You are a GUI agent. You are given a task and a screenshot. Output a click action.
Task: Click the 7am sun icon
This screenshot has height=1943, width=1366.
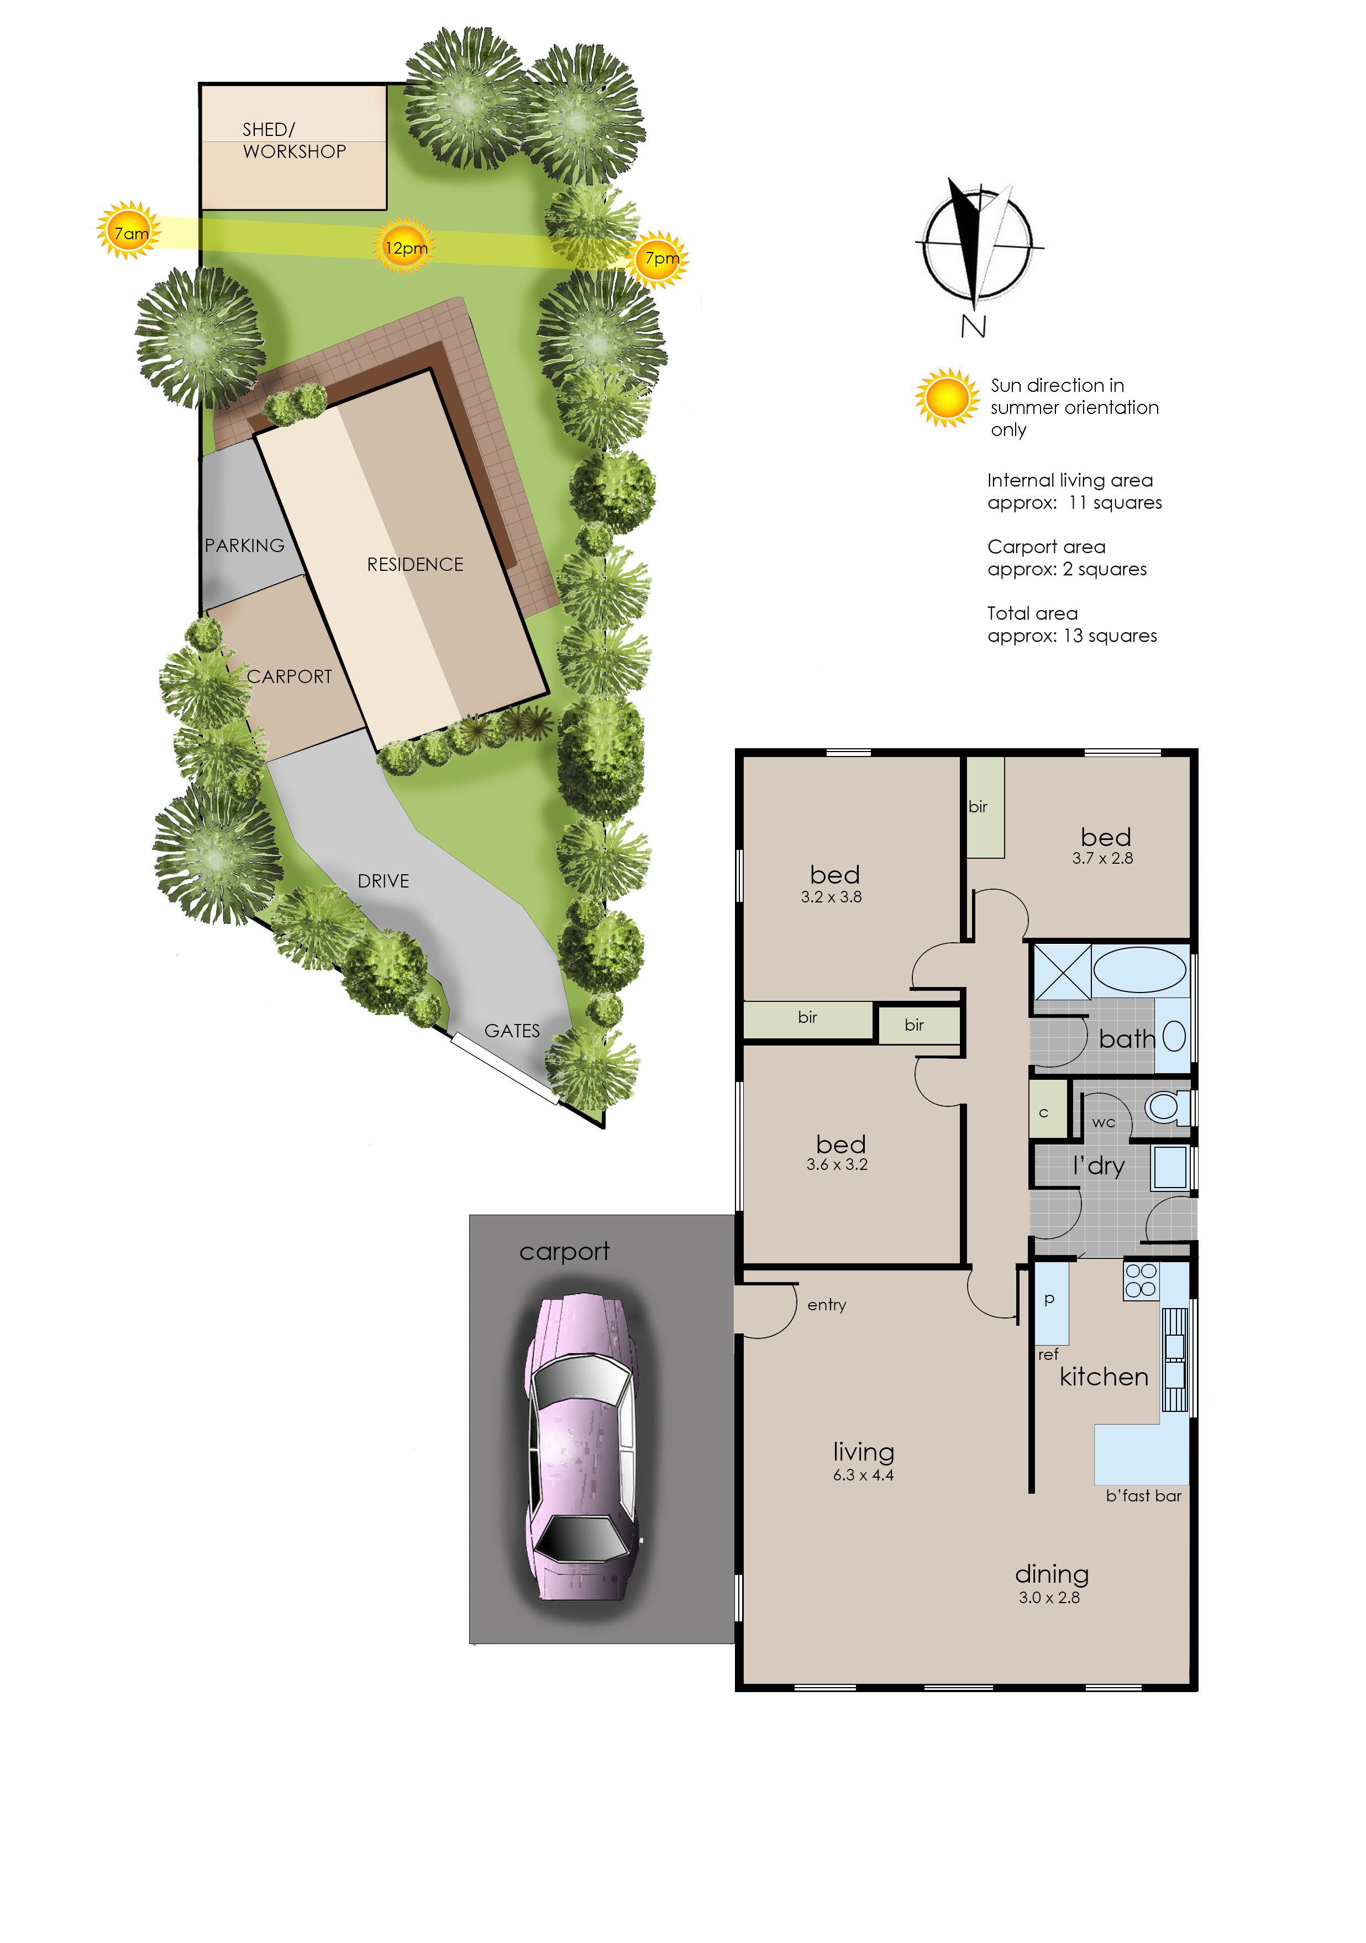[129, 230]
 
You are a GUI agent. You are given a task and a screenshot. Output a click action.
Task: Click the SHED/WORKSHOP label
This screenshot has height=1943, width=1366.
[293, 140]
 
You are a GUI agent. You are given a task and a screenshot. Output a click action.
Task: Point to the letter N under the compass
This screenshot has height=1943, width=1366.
[973, 326]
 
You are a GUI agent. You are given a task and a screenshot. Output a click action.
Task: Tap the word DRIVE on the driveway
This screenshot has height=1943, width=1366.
[383, 881]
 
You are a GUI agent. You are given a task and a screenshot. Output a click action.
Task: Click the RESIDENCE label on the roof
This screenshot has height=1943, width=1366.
[414, 564]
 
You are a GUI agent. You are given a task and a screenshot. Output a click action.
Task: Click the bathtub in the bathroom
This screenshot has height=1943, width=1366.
[1140, 969]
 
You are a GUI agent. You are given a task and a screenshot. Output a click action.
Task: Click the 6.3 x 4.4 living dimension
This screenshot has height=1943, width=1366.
[863, 1475]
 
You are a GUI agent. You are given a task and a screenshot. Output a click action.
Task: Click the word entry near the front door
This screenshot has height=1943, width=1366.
[827, 1305]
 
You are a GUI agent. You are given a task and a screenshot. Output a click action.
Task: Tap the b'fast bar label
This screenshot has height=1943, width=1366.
[1143, 1496]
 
